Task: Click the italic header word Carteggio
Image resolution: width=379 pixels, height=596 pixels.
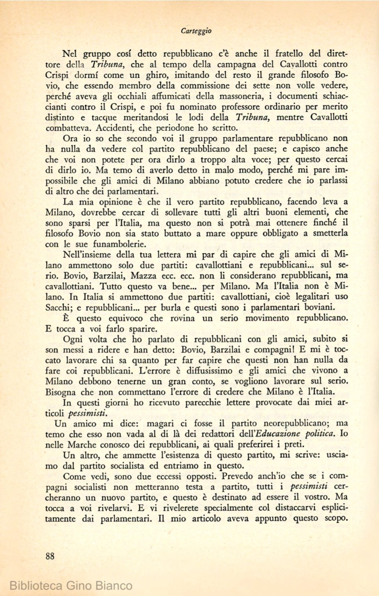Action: coord(196,31)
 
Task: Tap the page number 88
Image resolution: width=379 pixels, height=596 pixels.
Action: coord(50,556)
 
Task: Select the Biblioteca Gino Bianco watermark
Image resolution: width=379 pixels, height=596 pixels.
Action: coord(71,585)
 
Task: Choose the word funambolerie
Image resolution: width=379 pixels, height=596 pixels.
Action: coord(119,244)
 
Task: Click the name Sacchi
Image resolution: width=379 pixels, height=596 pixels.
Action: coord(58,308)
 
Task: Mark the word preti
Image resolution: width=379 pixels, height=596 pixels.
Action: coord(295,445)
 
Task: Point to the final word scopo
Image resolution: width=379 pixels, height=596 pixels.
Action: coord(336,518)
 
